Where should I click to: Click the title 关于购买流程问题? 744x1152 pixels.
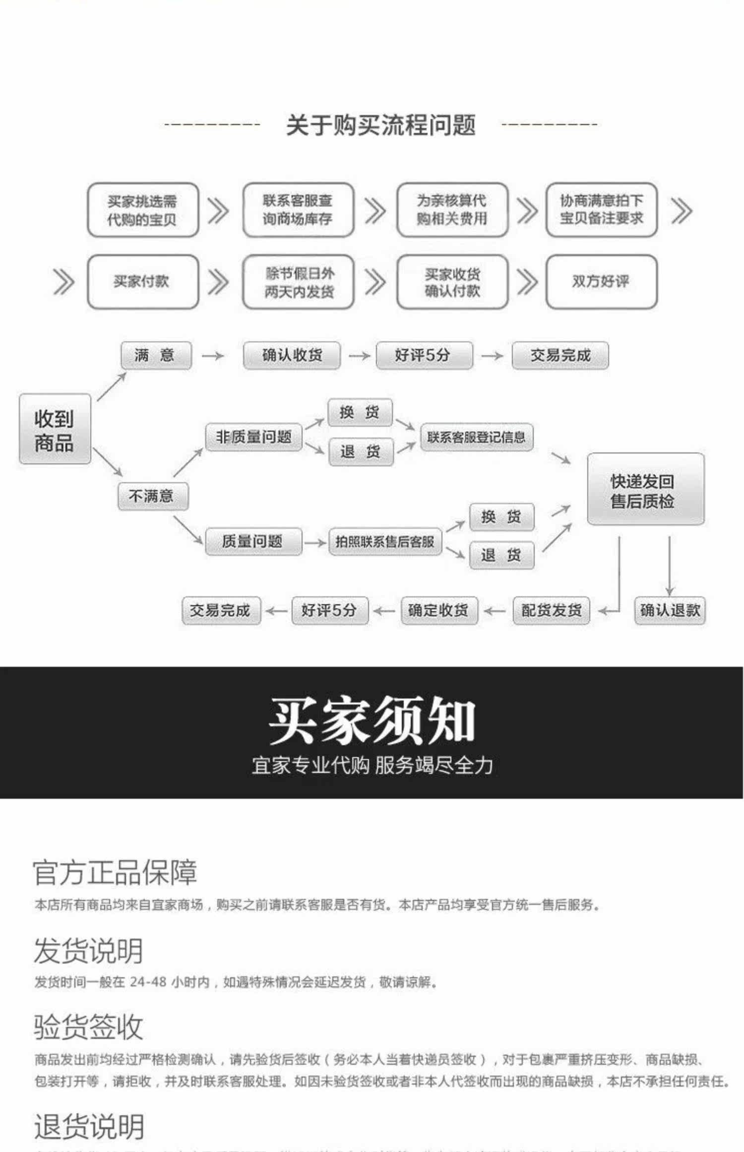pyautogui.click(x=380, y=125)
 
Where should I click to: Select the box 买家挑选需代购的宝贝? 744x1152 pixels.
pyautogui.click(x=143, y=210)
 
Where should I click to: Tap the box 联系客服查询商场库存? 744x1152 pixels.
pyautogui.click(x=298, y=210)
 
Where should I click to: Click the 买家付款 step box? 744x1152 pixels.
pyautogui.click(x=143, y=282)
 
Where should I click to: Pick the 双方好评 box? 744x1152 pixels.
pyautogui.click(x=601, y=282)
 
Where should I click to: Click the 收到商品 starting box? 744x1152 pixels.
pyautogui.click(x=55, y=430)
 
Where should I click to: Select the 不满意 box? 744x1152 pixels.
pyautogui.click(x=153, y=496)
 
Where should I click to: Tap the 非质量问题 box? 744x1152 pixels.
pyautogui.click(x=253, y=437)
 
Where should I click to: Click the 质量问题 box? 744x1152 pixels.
pyautogui.click(x=253, y=541)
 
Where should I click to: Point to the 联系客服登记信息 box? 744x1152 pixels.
pyautogui.click(x=476, y=437)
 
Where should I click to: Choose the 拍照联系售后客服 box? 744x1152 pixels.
pyautogui.click(x=385, y=541)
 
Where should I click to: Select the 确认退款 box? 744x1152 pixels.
pyautogui.click(x=670, y=610)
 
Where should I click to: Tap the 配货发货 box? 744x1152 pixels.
pyautogui.click(x=551, y=610)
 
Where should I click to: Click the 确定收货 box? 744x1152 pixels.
pyautogui.click(x=438, y=610)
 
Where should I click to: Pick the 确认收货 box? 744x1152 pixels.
pyautogui.click(x=292, y=356)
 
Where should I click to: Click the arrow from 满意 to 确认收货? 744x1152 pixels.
pyautogui.click(x=213, y=356)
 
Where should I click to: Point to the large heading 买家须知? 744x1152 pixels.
pyautogui.click(x=372, y=720)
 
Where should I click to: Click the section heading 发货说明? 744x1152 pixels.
pyautogui.click(x=89, y=951)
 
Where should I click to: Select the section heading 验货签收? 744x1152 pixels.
pyautogui.click(x=89, y=1027)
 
